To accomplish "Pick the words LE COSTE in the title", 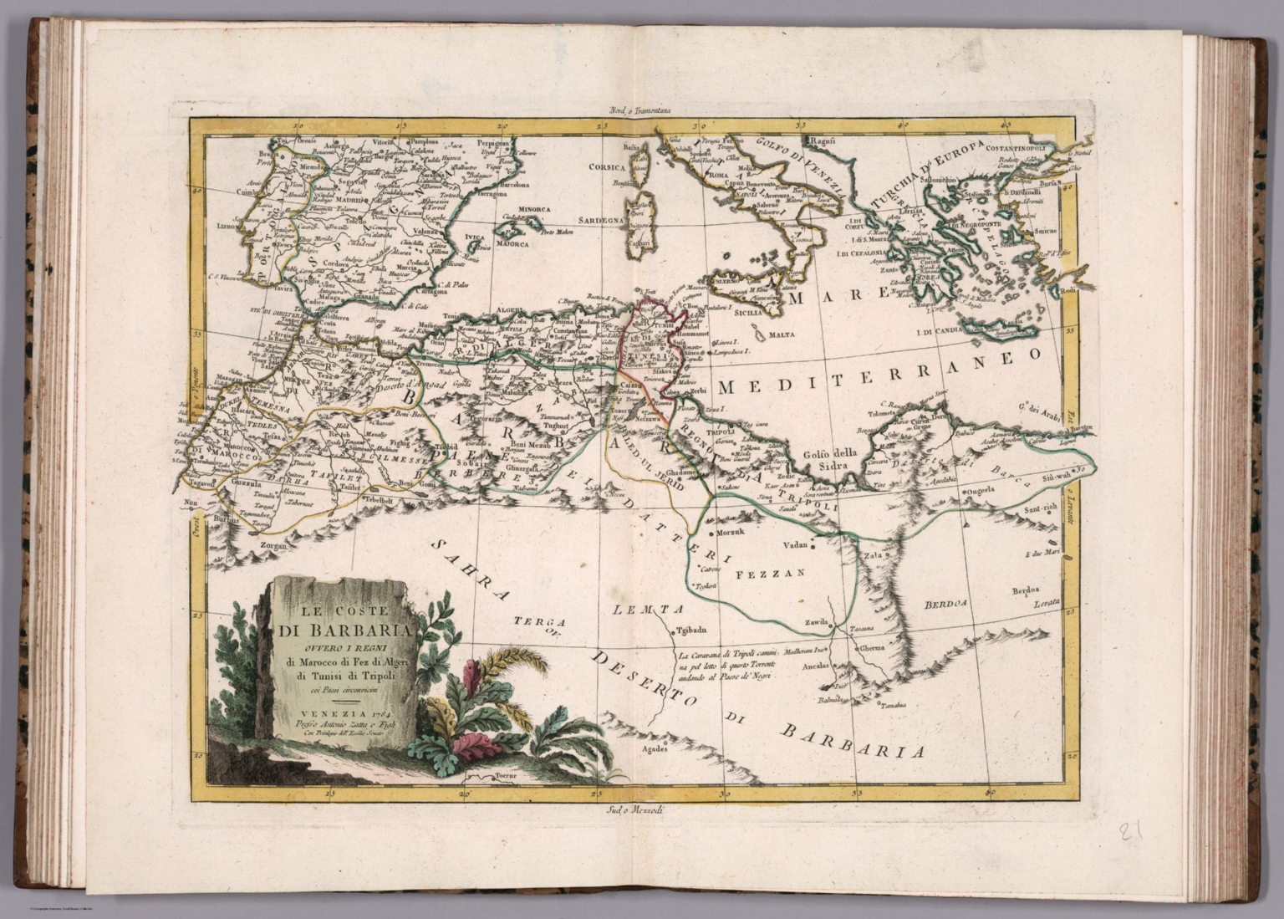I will click(x=334, y=599).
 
